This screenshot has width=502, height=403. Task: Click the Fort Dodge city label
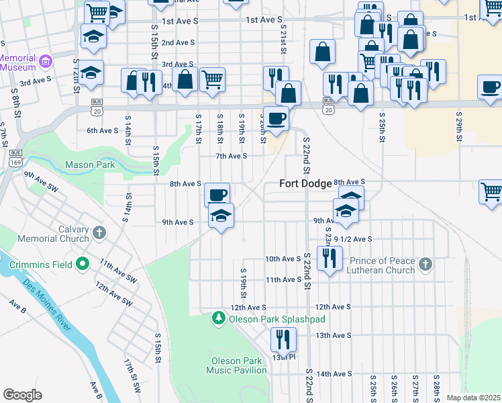[306, 183]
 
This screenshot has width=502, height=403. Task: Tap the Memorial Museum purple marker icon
[46, 62]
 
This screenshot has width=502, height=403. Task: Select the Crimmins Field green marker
[82, 264]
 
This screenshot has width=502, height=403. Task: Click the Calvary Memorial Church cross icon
[99, 233]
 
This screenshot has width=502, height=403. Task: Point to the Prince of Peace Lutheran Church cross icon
[424, 265]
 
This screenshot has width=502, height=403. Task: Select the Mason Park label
[90, 165]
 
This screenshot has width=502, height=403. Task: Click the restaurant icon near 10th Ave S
[330, 258]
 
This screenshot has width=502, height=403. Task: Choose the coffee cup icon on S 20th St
[276, 119]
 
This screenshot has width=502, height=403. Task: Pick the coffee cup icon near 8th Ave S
[217, 195]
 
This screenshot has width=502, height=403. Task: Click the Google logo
[22, 395]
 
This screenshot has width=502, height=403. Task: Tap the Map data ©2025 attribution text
[472, 398]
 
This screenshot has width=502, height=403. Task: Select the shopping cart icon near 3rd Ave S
[213, 79]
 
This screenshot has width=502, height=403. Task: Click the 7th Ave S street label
[231, 156]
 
